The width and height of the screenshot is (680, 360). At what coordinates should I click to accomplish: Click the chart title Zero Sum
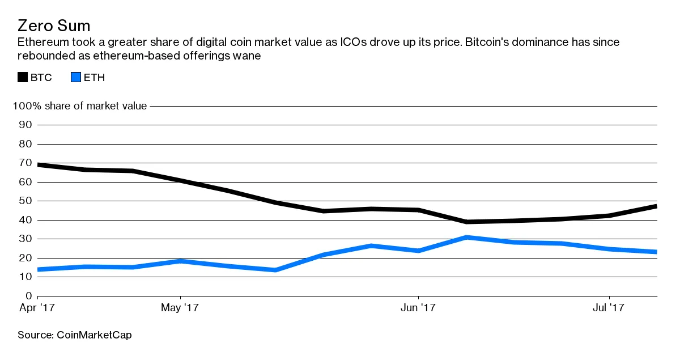click(x=54, y=26)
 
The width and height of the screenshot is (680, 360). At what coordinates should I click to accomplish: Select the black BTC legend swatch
click(x=23, y=77)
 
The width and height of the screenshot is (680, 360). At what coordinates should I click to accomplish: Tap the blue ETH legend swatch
click(x=75, y=77)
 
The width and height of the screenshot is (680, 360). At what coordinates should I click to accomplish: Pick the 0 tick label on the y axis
click(x=28, y=296)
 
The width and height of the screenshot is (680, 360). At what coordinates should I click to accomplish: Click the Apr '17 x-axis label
click(x=36, y=308)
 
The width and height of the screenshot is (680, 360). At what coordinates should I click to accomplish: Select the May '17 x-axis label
click(x=180, y=308)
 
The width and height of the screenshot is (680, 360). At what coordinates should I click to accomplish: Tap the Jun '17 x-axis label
click(x=418, y=308)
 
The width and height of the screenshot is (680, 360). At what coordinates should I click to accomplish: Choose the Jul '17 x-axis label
click(x=608, y=308)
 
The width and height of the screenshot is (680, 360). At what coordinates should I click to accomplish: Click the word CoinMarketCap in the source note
click(x=94, y=335)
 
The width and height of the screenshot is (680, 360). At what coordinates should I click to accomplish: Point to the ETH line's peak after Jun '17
click(x=466, y=237)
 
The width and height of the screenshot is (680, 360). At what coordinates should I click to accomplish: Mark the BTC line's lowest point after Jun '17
click(x=466, y=222)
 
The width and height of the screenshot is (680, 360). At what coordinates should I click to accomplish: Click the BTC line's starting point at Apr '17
click(x=38, y=164)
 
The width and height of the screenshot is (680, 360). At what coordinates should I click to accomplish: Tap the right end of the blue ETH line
click(x=656, y=252)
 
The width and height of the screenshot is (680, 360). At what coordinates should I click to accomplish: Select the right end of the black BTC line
click(x=656, y=206)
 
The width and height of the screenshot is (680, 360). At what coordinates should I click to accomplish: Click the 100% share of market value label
click(x=79, y=106)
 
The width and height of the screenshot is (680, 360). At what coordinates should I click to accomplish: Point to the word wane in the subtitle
click(x=247, y=56)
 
